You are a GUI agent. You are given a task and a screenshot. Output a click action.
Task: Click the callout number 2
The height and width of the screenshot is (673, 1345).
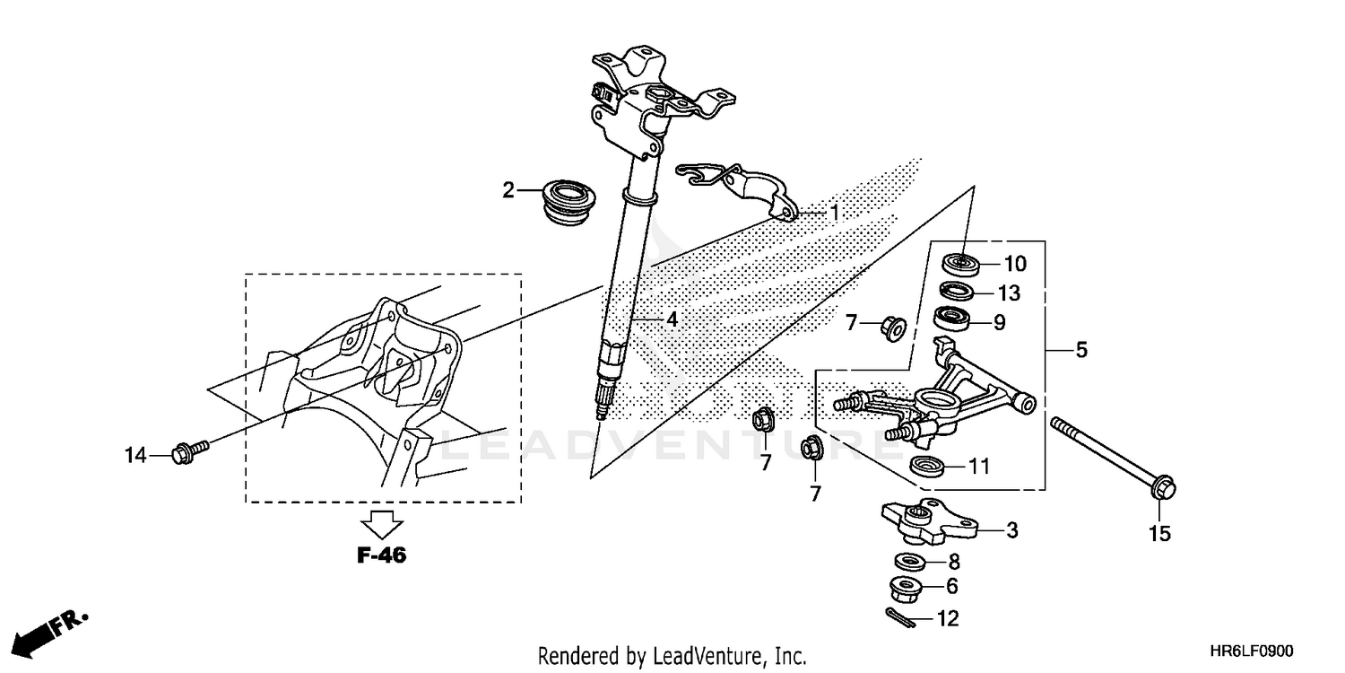point(508,190)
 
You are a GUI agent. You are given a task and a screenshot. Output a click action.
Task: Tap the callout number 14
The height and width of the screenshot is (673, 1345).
point(134,457)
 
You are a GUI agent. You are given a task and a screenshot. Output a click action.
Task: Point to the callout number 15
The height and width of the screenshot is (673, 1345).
point(1159,534)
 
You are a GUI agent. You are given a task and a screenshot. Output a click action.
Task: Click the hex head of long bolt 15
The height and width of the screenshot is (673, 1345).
point(1160,490)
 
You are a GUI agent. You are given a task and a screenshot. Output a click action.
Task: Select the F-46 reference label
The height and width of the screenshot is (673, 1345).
point(381,555)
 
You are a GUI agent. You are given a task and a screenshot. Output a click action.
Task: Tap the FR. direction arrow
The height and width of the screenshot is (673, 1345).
point(49,631)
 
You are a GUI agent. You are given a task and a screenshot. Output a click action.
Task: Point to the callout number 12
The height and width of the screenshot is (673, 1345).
point(948,618)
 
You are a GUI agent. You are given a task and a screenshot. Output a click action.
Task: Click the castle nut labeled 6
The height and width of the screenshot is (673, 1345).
point(910,589)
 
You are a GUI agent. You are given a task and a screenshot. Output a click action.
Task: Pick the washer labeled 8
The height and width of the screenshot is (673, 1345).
point(910,562)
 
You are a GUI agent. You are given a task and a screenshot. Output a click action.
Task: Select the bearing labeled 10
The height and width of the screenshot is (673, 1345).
point(960,264)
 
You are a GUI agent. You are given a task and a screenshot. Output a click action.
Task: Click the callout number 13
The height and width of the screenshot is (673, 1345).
point(1009,293)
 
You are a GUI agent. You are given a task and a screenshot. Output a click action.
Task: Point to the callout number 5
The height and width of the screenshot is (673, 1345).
point(1080,350)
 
